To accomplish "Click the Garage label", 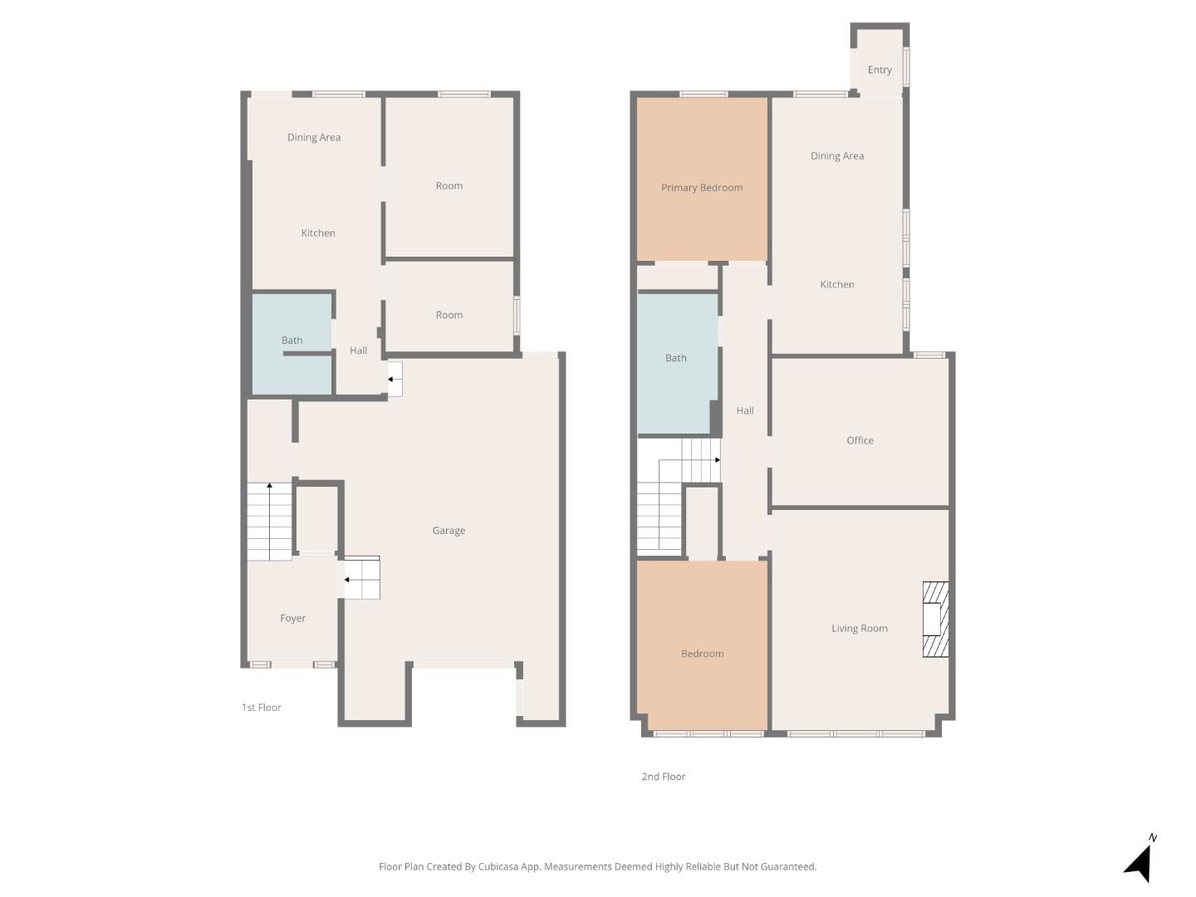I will click(x=448, y=531).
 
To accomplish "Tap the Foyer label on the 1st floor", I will click(x=292, y=619).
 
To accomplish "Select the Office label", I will click(x=860, y=441).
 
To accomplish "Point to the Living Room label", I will click(x=860, y=629).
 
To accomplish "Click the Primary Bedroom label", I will click(x=702, y=188).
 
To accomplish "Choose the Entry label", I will click(x=880, y=70).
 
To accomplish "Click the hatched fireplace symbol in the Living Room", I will click(x=935, y=620).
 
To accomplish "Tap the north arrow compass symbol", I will click(x=1140, y=861).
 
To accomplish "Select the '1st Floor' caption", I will click(x=261, y=708).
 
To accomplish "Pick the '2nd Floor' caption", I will click(x=663, y=777).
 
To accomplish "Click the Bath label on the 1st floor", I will click(x=292, y=341).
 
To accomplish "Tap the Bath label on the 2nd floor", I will click(x=675, y=358).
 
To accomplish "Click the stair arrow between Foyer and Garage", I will click(x=346, y=580).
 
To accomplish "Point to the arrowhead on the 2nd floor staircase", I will click(x=717, y=460).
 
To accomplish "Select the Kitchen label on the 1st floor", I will click(x=318, y=233).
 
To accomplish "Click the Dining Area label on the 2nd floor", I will click(x=836, y=156).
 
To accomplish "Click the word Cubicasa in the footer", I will click(x=498, y=866).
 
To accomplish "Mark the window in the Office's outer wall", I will click(x=929, y=355).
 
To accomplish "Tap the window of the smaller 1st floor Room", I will click(x=517, y=316).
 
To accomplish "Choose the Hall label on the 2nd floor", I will click(x=745, y=411).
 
